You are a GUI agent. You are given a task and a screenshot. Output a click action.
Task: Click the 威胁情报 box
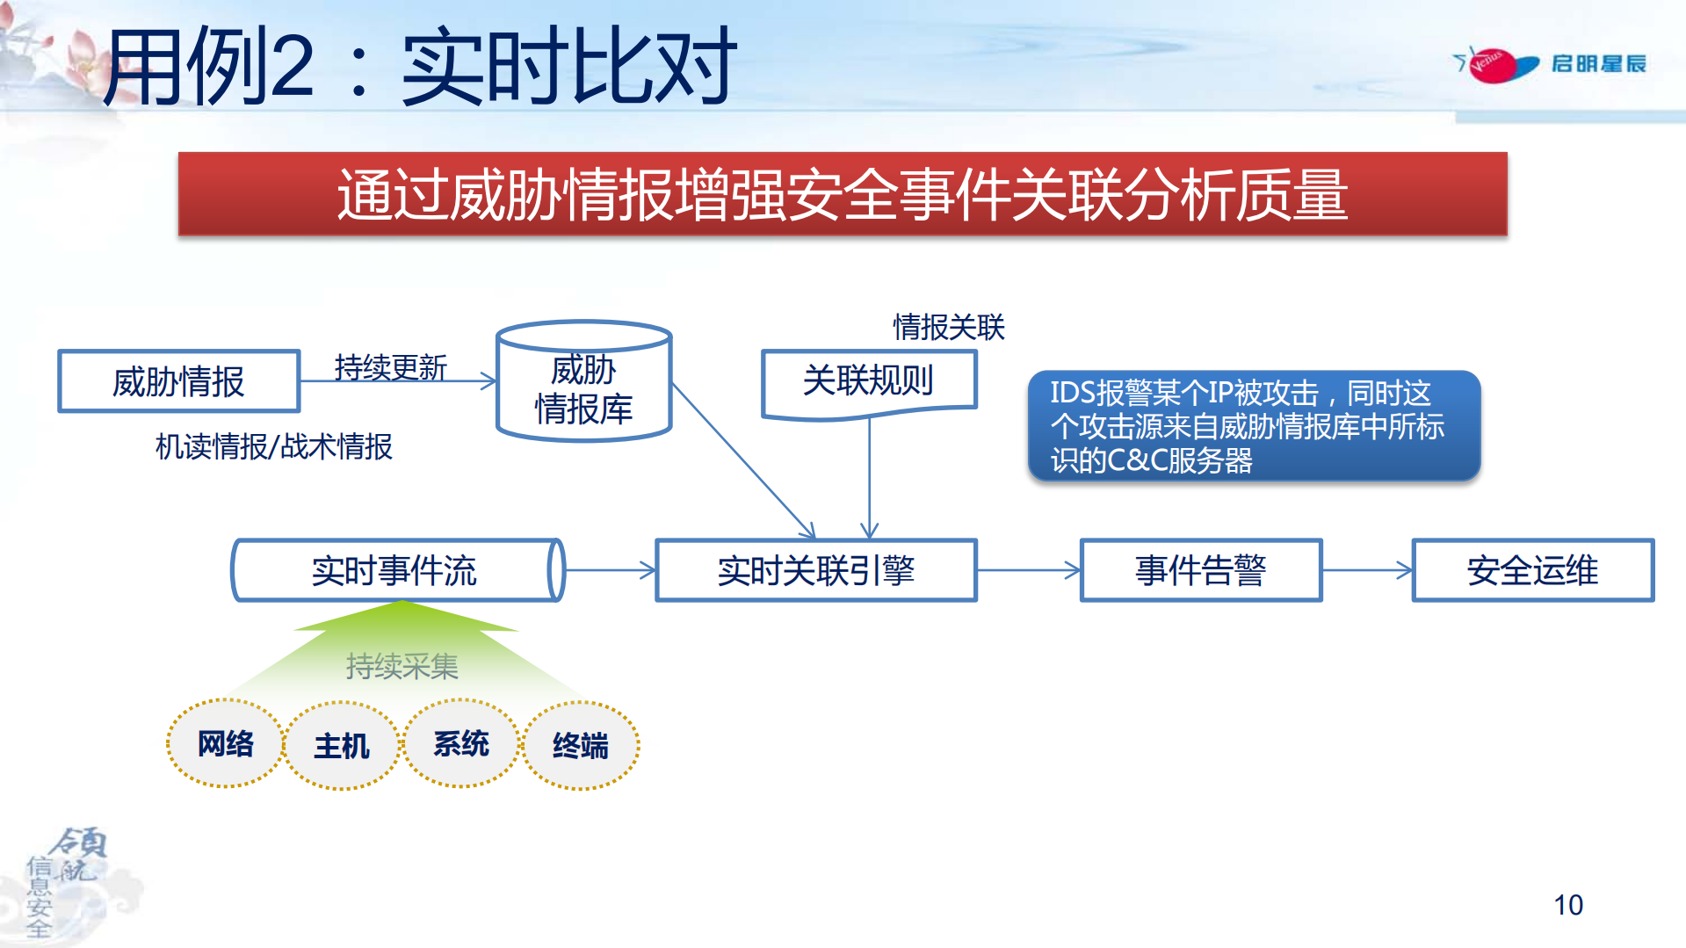pos(179,381)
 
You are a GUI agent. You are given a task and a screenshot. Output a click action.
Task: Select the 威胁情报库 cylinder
pos(583,387)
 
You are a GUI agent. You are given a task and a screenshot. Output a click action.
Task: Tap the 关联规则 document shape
pos(868,381)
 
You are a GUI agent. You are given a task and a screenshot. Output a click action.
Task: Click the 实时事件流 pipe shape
pos(394,570)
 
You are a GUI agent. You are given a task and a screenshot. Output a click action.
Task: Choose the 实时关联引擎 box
pos(815,570)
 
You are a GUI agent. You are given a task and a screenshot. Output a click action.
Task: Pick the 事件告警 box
pos(1200,570)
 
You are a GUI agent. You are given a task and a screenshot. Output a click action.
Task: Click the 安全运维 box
pos(1532,570)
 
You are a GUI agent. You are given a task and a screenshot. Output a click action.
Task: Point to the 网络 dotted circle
pos(225,743)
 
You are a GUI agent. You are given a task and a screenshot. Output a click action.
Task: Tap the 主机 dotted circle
pos(342,746)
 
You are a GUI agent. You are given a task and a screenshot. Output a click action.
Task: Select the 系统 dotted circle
pos(460,743)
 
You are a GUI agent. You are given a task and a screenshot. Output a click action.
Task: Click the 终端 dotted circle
pos(580,746)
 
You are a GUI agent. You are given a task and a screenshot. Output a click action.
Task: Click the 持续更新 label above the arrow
pos(390,366)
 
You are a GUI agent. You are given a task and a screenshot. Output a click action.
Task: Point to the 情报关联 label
pos(948,327)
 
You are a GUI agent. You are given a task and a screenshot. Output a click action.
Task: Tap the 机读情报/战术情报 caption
pos(273,446)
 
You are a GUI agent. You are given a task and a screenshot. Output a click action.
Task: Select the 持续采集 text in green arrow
pos(402,666)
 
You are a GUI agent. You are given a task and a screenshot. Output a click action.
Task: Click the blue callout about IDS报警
pos(1253,426)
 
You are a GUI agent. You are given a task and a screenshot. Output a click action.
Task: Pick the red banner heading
pos(842,194)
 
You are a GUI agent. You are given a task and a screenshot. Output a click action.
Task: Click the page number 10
pos(1567,905)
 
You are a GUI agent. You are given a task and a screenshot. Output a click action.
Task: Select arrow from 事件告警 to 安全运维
pos(1366,570)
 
